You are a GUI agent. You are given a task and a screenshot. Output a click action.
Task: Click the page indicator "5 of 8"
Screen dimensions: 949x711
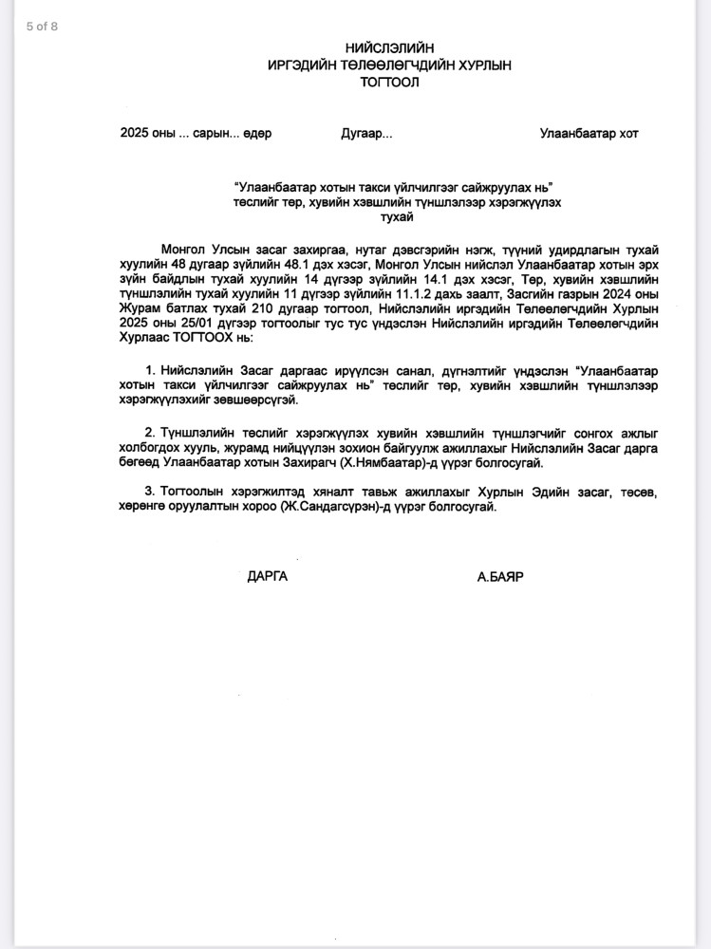tap(42, 27)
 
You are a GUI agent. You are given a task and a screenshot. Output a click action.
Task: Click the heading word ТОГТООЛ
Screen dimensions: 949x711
tap(389, 83)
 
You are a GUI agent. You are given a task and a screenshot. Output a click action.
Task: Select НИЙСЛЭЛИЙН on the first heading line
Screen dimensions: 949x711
tap(389, 48)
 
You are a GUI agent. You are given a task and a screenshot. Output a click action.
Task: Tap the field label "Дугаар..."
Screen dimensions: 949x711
tap(366, 134)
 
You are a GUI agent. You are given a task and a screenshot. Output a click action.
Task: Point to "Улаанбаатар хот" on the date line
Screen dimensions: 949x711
tap(589, 134)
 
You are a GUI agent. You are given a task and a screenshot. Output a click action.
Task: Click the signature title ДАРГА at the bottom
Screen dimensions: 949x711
tap(267, 576)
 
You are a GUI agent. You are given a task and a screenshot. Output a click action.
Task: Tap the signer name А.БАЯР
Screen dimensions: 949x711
tap(501, 576)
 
